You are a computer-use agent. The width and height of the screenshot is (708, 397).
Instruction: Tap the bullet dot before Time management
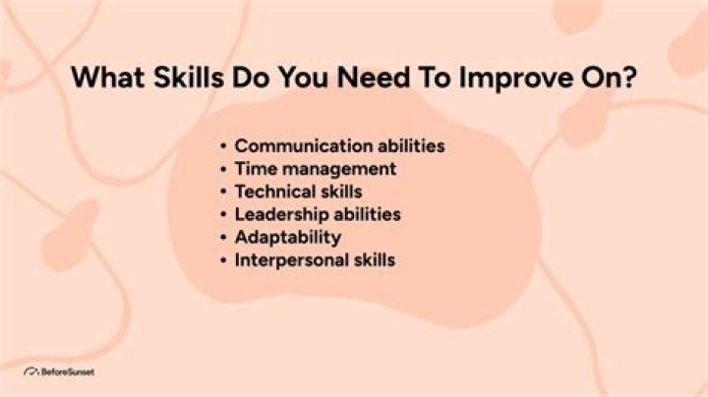click(224, 169)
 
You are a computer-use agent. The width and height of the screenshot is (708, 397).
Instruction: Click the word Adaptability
click(288, 237)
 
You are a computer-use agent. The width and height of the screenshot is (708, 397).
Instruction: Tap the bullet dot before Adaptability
click(224, 238)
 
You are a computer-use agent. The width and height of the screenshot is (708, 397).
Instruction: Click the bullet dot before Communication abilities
click(224, 146)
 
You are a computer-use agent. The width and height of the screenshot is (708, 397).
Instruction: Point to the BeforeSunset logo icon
click(30, 372)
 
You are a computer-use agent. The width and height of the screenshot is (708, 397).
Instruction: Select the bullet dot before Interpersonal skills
click(224, 260)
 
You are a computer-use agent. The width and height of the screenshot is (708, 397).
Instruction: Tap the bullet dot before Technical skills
click(224, 192)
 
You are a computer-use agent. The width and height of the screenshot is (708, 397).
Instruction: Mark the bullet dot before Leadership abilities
click(224, 214)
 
